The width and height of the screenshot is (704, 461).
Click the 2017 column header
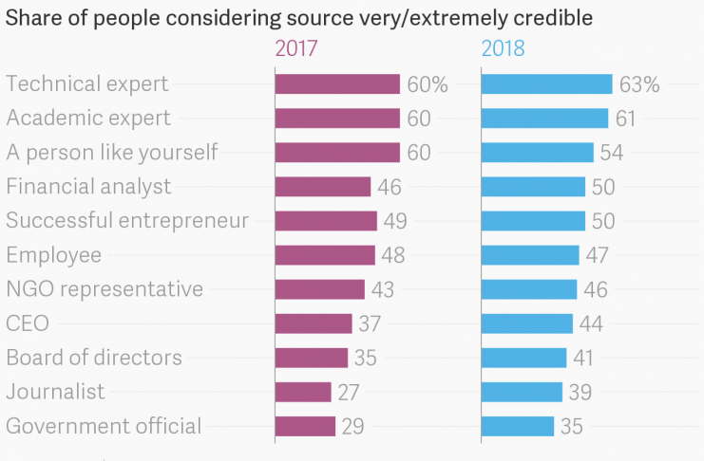click(295, 48)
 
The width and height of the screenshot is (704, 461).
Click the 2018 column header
click(503, 48)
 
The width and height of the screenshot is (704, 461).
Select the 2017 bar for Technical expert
click(337, 84)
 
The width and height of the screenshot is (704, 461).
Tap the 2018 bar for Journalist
click(522, 392)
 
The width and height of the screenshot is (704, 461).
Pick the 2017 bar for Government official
click(305, 426)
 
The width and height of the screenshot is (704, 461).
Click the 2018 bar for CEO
click(527, 323)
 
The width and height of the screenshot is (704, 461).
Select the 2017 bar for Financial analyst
click(322, 187)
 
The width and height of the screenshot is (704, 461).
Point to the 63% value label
click(638, 84)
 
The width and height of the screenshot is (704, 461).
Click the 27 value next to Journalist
click(348, 392)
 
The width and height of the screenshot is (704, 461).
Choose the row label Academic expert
click(88, 118)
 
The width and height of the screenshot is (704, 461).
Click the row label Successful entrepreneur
click(127, 220)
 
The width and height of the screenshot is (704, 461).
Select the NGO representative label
click(105, 288)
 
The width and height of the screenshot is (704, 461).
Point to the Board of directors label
click(94, 358)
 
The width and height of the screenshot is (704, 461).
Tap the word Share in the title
click(30, 17)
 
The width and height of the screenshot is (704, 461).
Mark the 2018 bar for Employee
click(530, 255)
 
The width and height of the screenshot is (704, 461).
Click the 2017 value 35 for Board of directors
click(365, 358)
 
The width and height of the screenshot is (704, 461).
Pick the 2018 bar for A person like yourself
click(537, 153)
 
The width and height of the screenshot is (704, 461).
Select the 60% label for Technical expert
click(427, 84)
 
